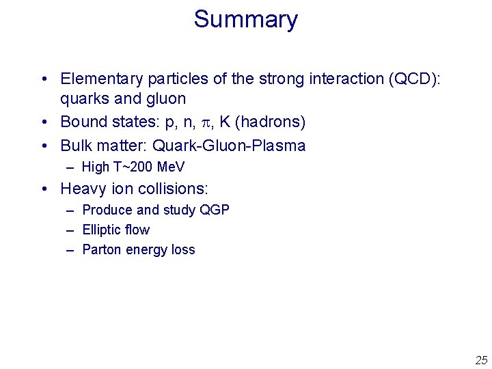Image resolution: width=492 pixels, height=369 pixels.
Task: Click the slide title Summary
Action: pyautogui.click(x=245, y=19)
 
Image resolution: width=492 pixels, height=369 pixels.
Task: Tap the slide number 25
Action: pyautogui.click(x=481, y=360)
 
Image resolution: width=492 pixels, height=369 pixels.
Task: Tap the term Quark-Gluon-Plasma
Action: pyautogui.click(x=229, y=146)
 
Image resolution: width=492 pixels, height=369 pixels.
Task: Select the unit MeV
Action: pyautogui.click(x=171, y=167)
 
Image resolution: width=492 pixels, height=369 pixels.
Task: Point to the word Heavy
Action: pyautogui.click(x=82, y=188)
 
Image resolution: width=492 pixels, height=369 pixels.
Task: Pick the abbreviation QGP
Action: pyautogui.click(x=215, y=210)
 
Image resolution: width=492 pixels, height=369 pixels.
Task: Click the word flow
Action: pyautogui.click(x=137, y=230)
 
